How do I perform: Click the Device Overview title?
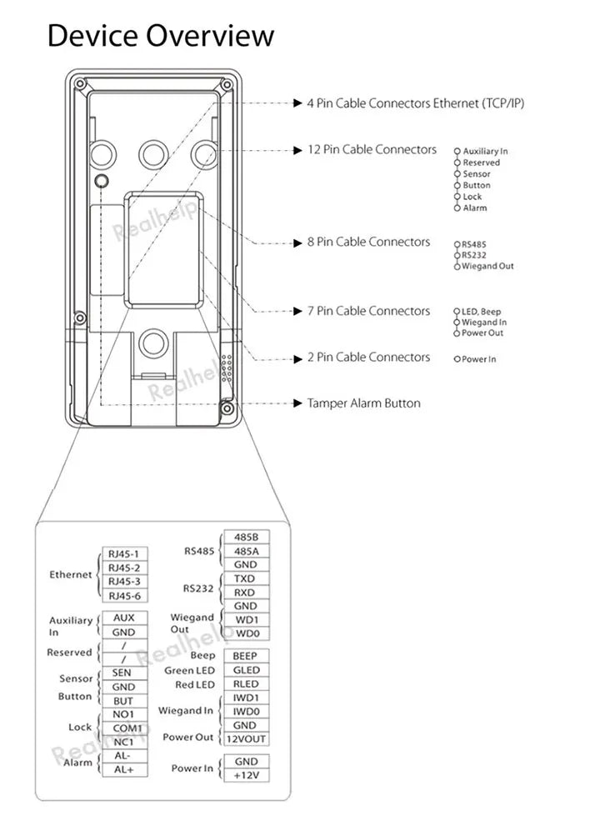160,35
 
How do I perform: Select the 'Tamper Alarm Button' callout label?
363,403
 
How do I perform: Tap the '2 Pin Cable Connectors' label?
368,357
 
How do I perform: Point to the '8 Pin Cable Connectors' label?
368,242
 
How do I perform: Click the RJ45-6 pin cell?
123,595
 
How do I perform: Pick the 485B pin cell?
245,538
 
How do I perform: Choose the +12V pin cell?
245,775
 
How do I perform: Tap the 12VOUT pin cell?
245,739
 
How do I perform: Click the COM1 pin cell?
123,728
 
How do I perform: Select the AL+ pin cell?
123,769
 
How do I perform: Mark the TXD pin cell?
245,578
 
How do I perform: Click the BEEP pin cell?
245,656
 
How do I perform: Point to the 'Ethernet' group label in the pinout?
71,575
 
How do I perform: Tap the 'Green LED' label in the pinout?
189,670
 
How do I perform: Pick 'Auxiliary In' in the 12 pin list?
485,152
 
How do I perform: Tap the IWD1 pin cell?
245,698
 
